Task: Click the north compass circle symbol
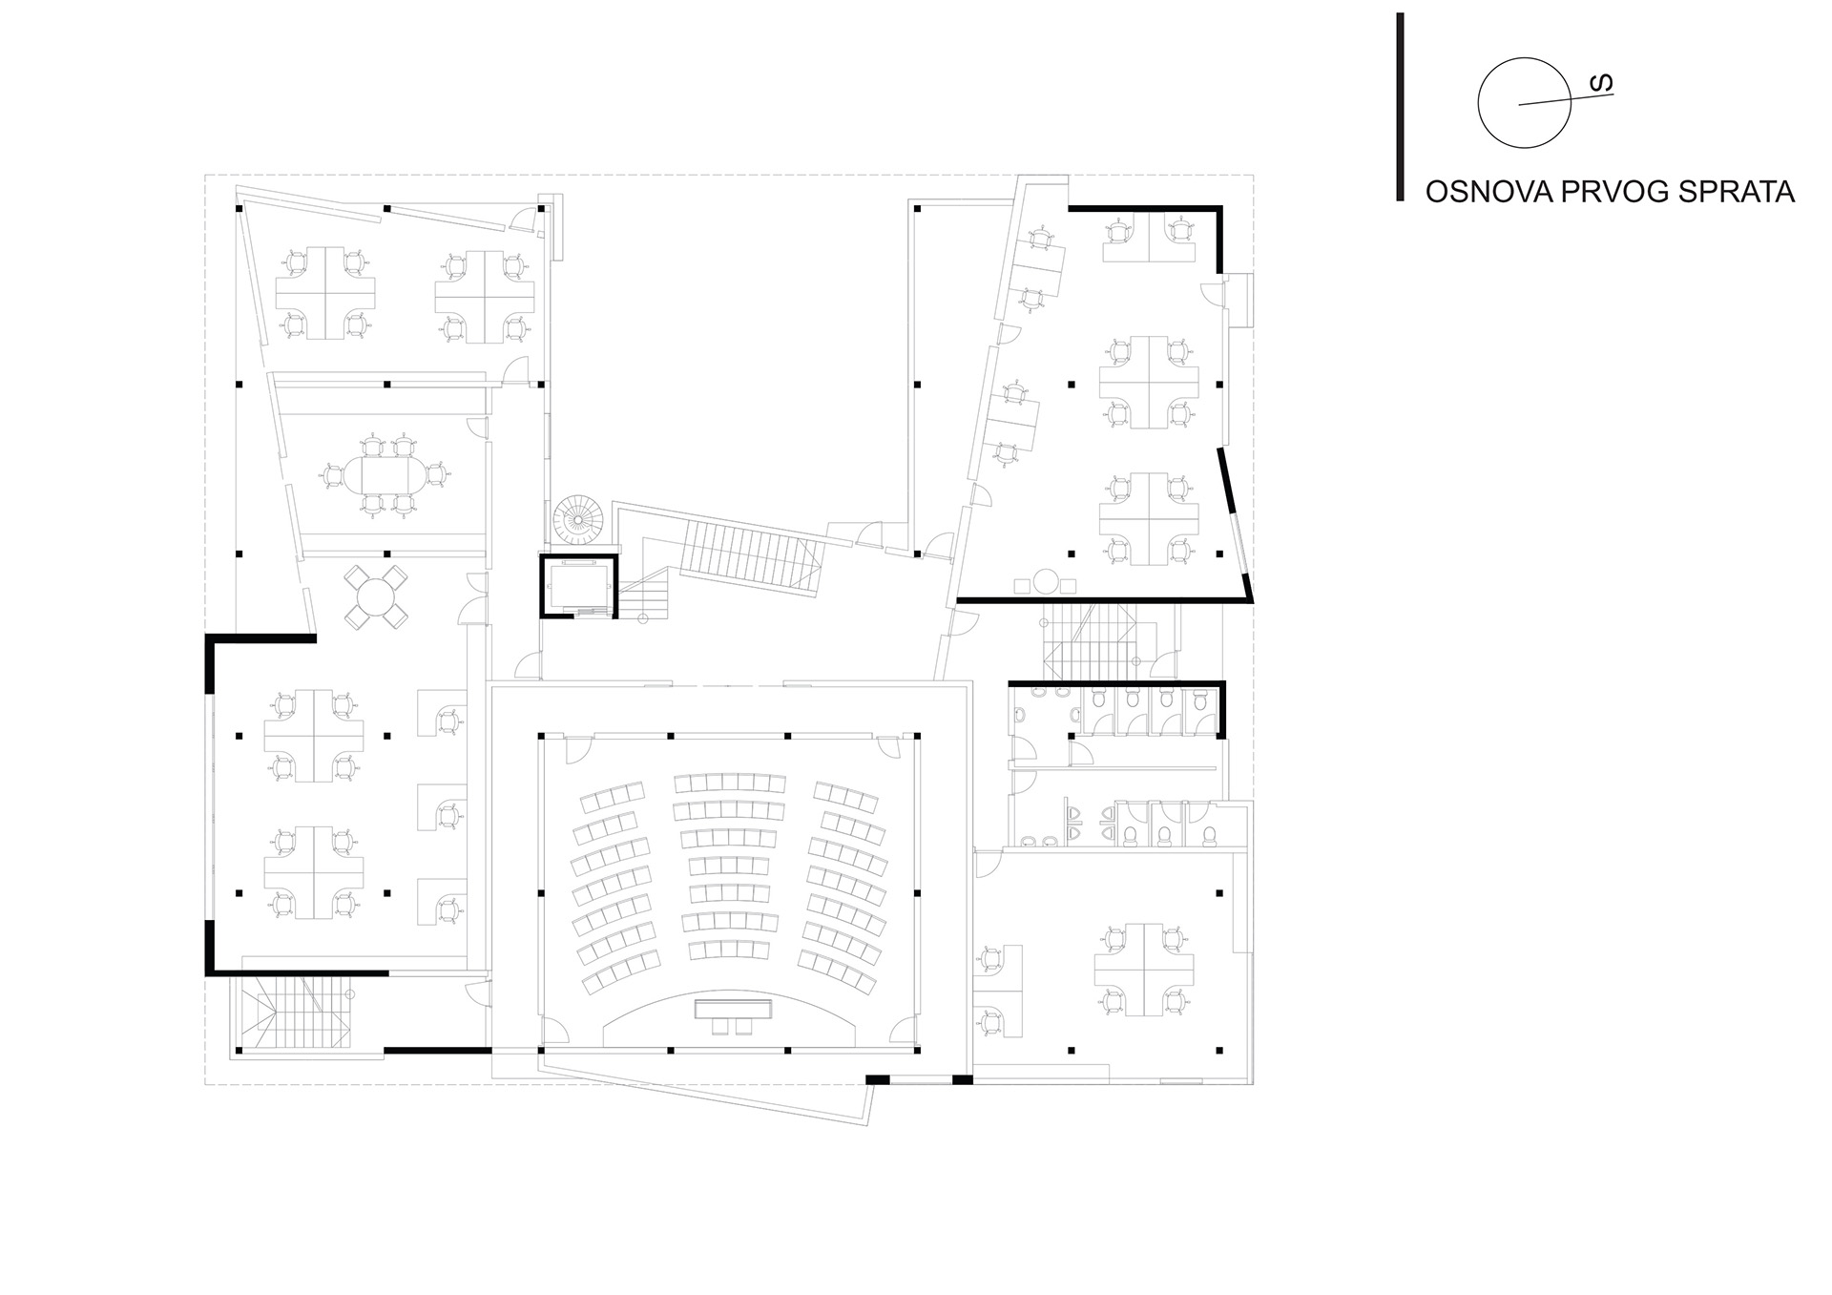[x=1524, y=102]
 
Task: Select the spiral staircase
[x=578, y=521]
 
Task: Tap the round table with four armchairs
[x=376, y=598]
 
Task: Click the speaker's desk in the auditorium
[x=733, y=1008]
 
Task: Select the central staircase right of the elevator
[x=749, y=558]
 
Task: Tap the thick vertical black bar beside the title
[x=1400, y=107]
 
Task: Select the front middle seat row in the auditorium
[x=730, y=951]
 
